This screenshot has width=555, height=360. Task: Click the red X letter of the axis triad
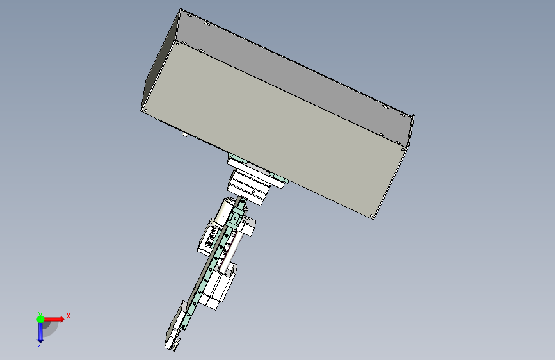[68, 316]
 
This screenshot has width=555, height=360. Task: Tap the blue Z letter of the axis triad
[40, 344]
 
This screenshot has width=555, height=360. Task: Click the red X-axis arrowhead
[61, 319]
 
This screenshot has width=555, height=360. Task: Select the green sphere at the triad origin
[40, 319]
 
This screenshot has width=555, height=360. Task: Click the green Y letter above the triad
[40, 315]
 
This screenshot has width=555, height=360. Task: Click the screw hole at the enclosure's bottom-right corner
[371, 215]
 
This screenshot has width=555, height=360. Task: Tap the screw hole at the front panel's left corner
[145, 111]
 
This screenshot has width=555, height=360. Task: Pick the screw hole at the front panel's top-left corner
[177, 44]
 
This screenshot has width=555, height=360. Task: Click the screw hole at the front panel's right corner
[403, 149]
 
